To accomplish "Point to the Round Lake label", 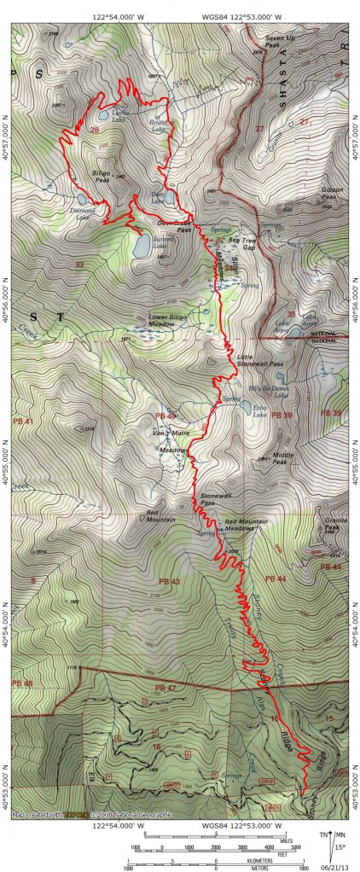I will tap(159, 122).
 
